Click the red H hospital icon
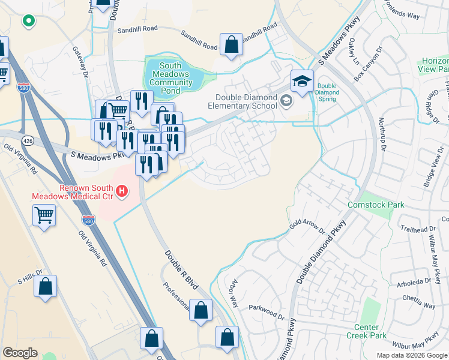(122, 191)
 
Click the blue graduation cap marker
(302, 80)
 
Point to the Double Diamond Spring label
(327, 92)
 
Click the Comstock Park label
(376, 205)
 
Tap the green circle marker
(27, 22)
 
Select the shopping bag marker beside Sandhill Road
(231, 44)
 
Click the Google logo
(20, 353)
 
